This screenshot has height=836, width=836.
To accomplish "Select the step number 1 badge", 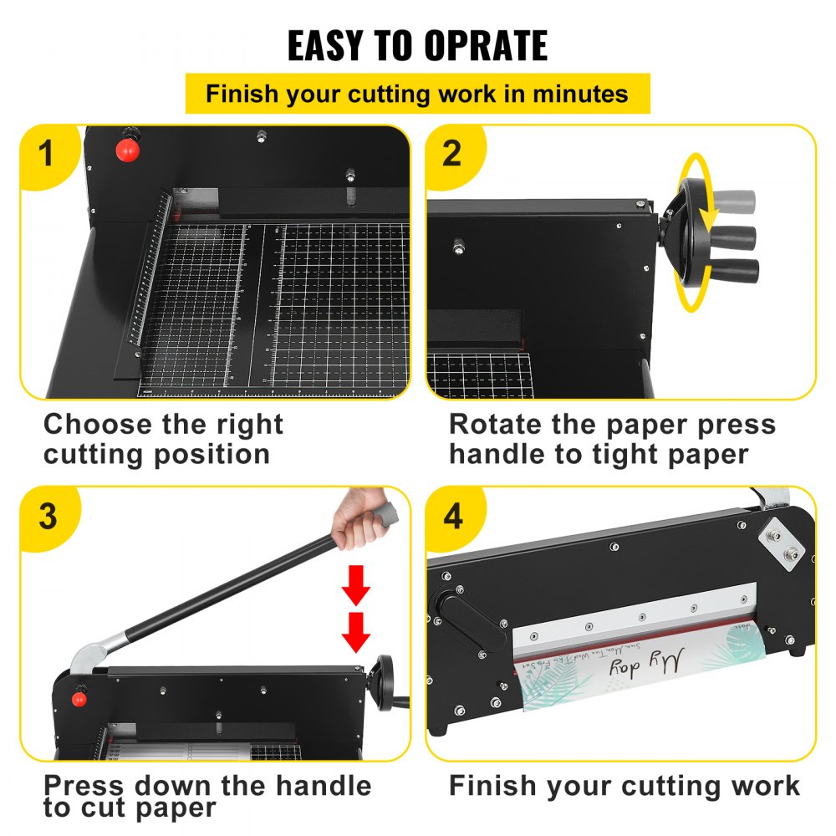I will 46,155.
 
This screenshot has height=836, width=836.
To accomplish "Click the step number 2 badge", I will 452,155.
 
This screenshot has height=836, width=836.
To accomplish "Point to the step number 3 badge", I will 48,517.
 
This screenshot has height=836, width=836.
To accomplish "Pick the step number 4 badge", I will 452,517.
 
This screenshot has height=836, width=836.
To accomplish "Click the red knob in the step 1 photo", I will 126,150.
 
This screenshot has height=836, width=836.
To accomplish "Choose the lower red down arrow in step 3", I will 356,633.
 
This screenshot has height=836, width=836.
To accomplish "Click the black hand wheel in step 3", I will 385,681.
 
